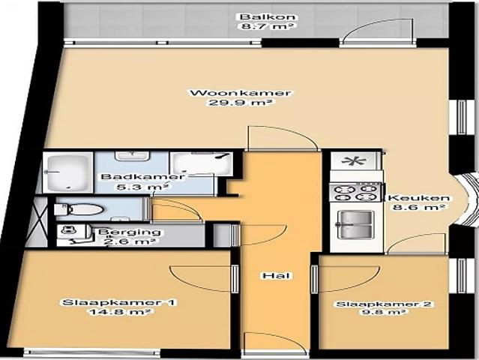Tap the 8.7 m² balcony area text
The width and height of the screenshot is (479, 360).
[256, 26]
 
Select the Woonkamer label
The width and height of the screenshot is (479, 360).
[240, 93]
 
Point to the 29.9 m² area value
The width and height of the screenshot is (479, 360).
[240, 103]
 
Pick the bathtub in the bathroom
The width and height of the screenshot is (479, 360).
[68, 172]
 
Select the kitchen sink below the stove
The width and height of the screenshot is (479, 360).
[355, 223]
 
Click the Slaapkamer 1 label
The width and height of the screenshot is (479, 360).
[119, 303]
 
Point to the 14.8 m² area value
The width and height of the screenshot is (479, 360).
[120, 313]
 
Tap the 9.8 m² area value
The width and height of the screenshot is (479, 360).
[384, 314]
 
